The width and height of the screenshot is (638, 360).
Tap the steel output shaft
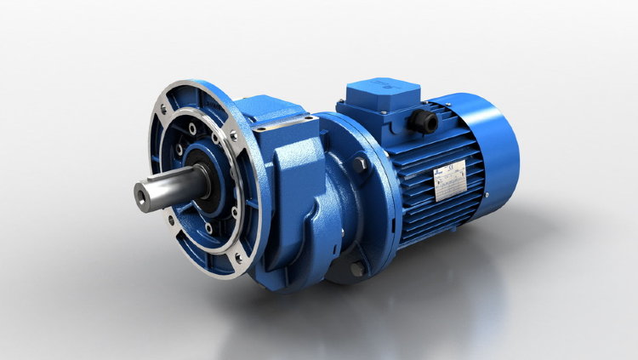pos(170,186)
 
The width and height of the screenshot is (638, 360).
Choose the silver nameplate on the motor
pos(451,180)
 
